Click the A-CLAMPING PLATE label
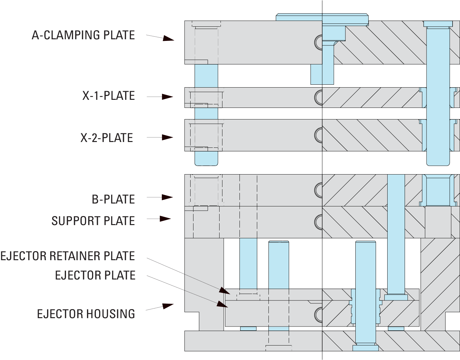83,35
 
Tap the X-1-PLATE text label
108,96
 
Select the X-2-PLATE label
107,137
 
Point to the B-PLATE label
113,199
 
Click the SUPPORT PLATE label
93,221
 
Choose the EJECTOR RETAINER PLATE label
68,256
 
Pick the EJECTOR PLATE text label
95,275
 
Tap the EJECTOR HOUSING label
86,314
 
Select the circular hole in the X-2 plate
318,135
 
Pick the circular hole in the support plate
318,222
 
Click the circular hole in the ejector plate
318,314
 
